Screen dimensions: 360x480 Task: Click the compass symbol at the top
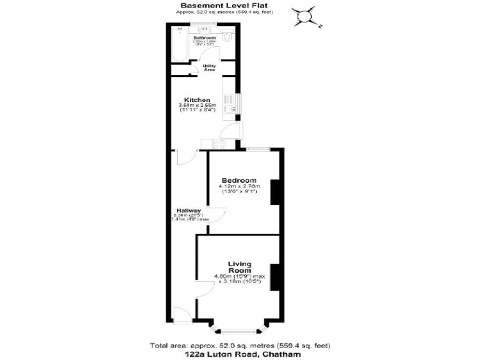(306, 17)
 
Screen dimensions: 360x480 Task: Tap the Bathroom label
(204, 38)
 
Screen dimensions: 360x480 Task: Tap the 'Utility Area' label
(209, 67)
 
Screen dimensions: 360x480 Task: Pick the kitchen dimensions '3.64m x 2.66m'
(197, 105)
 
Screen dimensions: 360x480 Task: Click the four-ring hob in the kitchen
(219, 144)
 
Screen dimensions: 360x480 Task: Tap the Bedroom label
(239, 181)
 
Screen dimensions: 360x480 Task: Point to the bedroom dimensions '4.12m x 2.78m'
(239, 186)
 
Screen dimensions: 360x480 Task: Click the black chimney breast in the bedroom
(274, 194)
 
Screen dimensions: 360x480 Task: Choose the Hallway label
(188, 210)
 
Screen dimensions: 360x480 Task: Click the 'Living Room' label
(239, 266)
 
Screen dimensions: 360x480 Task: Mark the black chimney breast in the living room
(274, 272)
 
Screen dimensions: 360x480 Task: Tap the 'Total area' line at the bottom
(240, 345)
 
